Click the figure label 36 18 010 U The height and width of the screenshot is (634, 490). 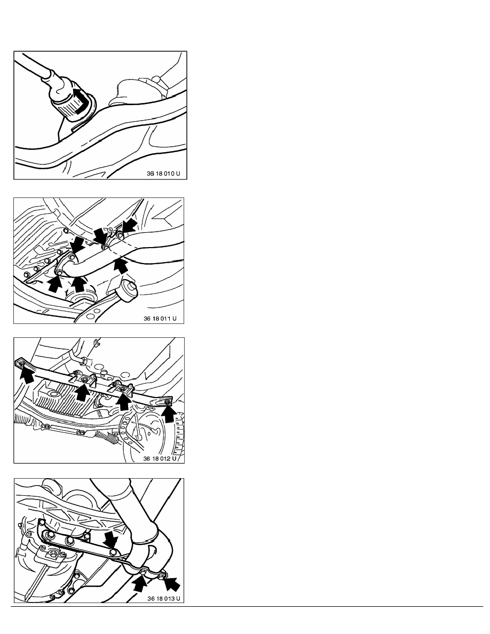click(x=163, y=173)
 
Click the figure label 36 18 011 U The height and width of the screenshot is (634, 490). click(x=160, y=318)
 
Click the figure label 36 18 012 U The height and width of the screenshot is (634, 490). click(x=160, y=458)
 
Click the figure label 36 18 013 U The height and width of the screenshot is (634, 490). click(x=164, y=598)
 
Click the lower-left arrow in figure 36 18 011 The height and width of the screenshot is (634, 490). click(x=55, y=283)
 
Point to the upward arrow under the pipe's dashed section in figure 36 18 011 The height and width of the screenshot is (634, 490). click(x=121, y=266)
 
